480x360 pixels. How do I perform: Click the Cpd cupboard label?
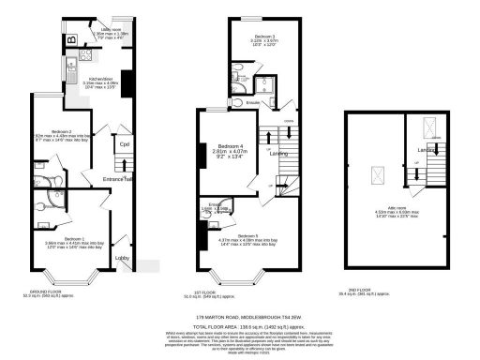tap(124, 144)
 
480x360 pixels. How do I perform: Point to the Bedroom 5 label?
tap(247, 235)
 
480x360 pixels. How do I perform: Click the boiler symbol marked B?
tap(71, 41)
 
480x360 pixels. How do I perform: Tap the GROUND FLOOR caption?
tap(63, 291)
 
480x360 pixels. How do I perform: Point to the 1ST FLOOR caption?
tap(228, 291)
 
